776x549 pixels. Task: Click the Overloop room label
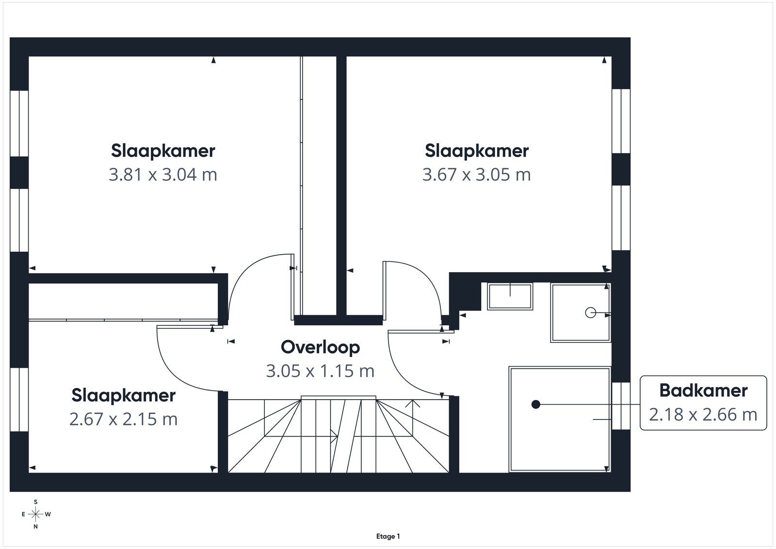[x=321, y=347]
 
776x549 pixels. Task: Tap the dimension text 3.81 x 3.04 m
[x=163, y=174]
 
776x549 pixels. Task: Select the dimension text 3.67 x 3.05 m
[x=477, y=174]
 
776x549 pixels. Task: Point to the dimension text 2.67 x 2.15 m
[x=124, y=419]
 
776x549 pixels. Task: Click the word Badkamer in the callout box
[x=703, y=391]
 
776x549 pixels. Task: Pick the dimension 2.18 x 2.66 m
[x=703, y=415]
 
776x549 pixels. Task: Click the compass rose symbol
[x=36, y=515]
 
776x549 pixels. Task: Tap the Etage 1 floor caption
[x=388, y=536]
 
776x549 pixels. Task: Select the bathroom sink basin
[x=510, y=296]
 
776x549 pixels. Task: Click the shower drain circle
[x=590, y=313]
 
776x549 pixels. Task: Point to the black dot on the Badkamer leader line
[x=536, y=404]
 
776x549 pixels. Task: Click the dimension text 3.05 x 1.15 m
[x=321, y=371]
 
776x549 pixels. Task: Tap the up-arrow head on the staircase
[x=413, y=404]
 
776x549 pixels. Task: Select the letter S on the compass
[x=36, y=502]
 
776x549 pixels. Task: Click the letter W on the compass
[x=48, y=515]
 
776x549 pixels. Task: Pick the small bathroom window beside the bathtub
[x=621, y=406]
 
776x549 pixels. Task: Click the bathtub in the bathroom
[x=560, y=420]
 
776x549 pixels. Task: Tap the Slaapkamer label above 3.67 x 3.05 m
[x=477, y=151]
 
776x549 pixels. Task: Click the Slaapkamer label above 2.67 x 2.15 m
[x=124, y=396]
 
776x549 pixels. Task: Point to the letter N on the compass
[x=36, y=527]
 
